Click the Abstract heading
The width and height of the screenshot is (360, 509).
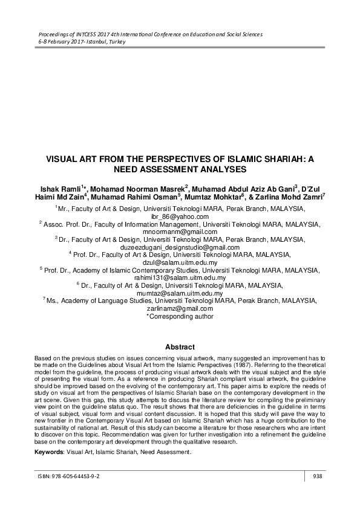click(180, 347)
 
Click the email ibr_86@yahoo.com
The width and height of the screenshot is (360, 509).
click(180, 216)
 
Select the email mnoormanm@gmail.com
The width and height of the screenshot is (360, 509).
click(180, 232)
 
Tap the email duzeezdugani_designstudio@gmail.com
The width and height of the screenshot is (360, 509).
click(180, 247)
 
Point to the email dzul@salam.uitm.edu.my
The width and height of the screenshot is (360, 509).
click(180, 263)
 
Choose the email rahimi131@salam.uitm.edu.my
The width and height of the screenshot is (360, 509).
click(180, 278)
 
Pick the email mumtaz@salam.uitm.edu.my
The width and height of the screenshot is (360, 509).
click(180, 293)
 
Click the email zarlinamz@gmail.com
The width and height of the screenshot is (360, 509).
click(180, 308)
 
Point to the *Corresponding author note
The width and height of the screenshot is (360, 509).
click(180, 316)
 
